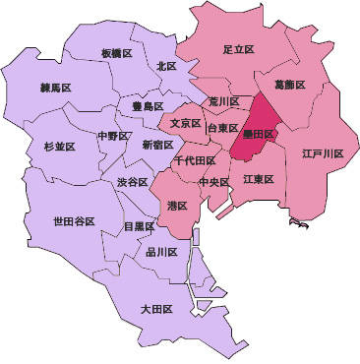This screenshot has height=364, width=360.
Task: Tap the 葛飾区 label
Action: tap(289, 86)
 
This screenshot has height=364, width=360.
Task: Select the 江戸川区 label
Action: tap(323, 154)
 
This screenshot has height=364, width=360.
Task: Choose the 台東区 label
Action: tap(223, 128)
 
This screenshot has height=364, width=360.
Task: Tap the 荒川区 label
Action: tap(224, 101)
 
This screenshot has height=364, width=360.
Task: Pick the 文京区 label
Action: tap(186, 124)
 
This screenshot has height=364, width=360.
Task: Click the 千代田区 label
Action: tap(194, 159)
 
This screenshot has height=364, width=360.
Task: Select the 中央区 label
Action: tap(213, 182)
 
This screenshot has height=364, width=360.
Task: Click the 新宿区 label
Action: tap(157, 145)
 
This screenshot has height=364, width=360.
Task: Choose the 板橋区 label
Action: tap(117, 53)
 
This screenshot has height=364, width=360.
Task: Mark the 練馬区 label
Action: tap(56, 88)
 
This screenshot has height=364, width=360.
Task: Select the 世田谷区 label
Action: tap(74, 222)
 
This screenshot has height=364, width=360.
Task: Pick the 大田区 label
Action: tap(156, 309)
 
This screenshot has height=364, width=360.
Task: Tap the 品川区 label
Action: tap(161, 253)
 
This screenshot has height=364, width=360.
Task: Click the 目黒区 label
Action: tap(139, 226)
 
